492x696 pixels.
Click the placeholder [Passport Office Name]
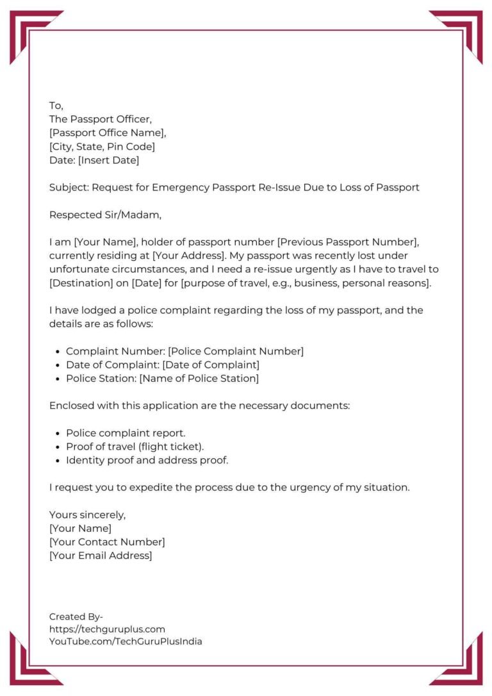click(x=108, y=133)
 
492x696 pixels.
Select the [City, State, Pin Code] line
click(x=102, y=147)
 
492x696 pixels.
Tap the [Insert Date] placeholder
click(x=108, y=160)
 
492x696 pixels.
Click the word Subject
click(x=69, y=188)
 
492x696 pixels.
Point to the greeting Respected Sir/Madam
click(x=104, y=215)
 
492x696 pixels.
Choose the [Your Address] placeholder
click(x=191, y=256)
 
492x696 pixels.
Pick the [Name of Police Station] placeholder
click(x=199, y=378)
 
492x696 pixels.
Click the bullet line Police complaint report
click(x=126, y=433)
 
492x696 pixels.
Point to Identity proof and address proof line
click(x=147, y=460)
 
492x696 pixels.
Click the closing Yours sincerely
click(x=87, y=515)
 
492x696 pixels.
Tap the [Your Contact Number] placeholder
click(x=107, y=542)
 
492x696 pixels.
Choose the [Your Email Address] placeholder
click(x=101, y=556)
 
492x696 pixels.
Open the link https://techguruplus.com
click(x=107, y=629)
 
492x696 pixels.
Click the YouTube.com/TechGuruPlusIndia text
click(x=126, y=642)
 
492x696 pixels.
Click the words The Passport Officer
click(x=101, y=119)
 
